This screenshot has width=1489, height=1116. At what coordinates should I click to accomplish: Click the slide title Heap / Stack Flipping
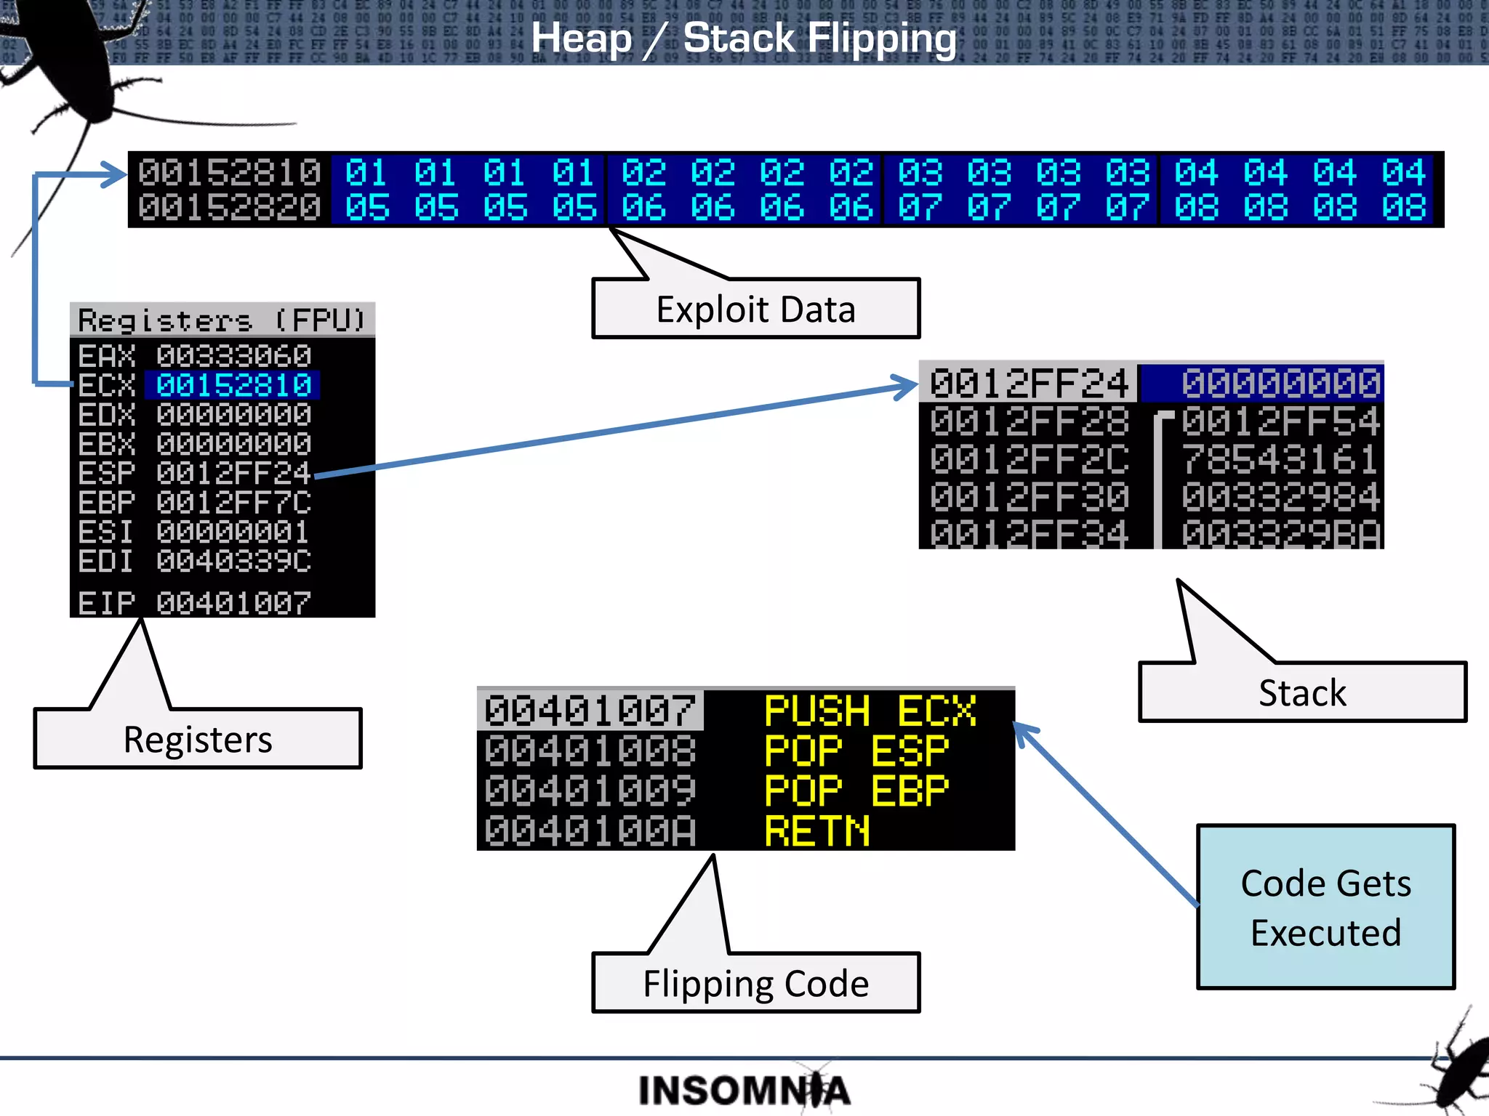(744, 38)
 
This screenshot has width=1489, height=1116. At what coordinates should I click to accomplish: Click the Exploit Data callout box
(755, 310)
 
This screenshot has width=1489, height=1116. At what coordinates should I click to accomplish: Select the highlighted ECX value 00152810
(233, 385)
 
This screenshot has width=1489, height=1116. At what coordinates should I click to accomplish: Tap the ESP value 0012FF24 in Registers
(233, 473)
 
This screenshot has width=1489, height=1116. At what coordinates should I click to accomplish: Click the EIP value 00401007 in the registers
(233, 603)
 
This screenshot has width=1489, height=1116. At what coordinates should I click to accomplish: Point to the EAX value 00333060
(233, 356)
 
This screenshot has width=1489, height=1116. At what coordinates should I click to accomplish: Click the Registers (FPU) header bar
(222, 320)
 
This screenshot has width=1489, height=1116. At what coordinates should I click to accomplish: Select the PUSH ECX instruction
(870, 711)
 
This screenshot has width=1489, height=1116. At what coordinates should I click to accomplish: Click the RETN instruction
(817, 830)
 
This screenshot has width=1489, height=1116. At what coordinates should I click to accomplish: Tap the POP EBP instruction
(856, 790)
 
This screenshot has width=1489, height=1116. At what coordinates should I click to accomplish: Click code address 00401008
(590, 751)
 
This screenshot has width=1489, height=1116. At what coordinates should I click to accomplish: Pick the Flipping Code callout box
(755, 983)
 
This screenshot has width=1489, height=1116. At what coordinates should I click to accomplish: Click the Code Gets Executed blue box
(1325, 907)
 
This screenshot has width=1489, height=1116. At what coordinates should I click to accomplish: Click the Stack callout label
(1302, 692)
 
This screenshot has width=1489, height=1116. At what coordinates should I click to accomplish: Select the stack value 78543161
(1280, 459)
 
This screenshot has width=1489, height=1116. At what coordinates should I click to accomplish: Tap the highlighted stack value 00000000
(1280, 383)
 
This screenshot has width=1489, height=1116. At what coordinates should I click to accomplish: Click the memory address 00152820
(229, 208)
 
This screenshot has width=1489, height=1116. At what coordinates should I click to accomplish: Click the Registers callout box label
(198, 739)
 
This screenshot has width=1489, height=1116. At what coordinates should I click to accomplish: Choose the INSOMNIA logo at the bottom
(744, 1091)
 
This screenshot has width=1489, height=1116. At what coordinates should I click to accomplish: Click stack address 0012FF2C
(1029, 459)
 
